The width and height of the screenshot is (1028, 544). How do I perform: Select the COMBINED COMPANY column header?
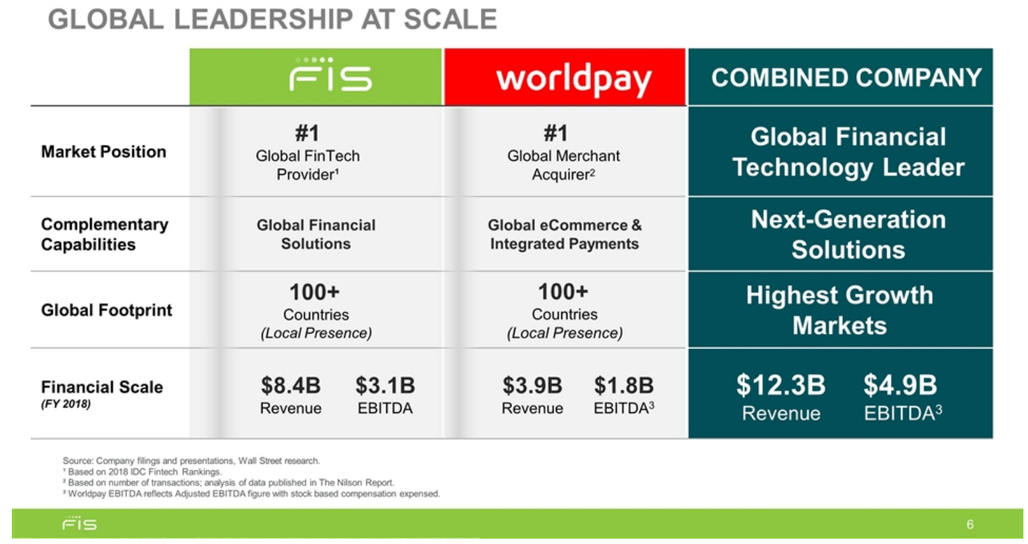click(846, 78)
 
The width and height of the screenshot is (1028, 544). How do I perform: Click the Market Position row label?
click(103, 152)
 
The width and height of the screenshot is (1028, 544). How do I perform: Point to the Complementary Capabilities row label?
click(104, 234)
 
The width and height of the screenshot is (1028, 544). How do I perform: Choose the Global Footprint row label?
click(106, 310)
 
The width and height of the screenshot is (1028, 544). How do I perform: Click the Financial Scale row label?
click(101, 387)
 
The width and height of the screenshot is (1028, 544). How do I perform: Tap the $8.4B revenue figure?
click(290, 385)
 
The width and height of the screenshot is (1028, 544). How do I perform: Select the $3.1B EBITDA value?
click(385, 385)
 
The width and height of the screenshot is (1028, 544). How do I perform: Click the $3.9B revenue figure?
click(532, 385)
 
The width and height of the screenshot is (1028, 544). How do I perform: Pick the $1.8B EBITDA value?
click(623, 385)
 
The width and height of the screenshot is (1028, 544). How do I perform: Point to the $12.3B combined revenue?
click(781, 385)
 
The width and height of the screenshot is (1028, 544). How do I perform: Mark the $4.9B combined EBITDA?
click(900, 385)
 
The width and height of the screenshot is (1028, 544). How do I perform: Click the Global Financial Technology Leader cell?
click(848, 152)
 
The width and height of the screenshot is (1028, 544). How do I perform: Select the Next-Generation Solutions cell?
click(848, 234)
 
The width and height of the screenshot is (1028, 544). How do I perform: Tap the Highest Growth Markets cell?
click(840, 310)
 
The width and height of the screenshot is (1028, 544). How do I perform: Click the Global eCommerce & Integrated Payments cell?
click(564, 234)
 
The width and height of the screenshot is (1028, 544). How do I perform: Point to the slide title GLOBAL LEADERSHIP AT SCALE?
click(272, 19)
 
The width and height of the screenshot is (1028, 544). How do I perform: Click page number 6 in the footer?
click(969, 524)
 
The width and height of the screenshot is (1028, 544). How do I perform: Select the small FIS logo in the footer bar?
click(80, 524)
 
